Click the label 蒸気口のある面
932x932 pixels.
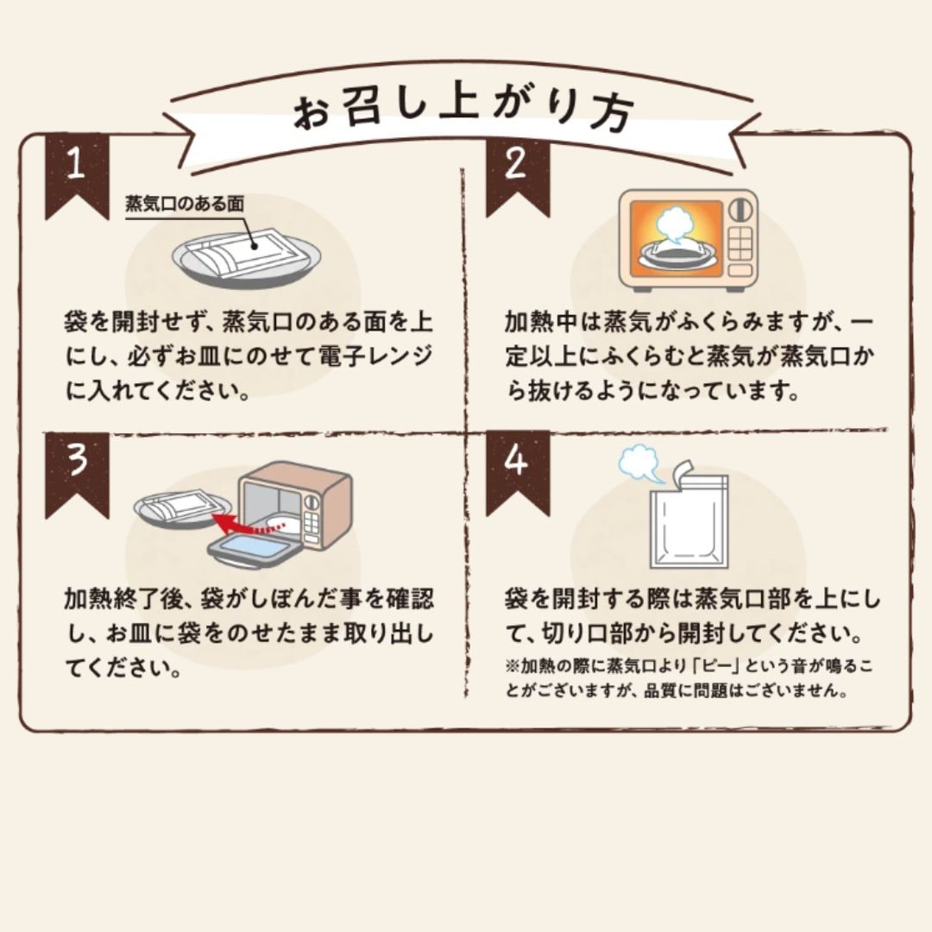tap(185, 205)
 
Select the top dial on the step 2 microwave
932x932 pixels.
tap(738, 211)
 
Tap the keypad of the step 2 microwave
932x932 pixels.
tap(739, 247)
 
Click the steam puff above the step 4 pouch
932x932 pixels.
tap(641, 464)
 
